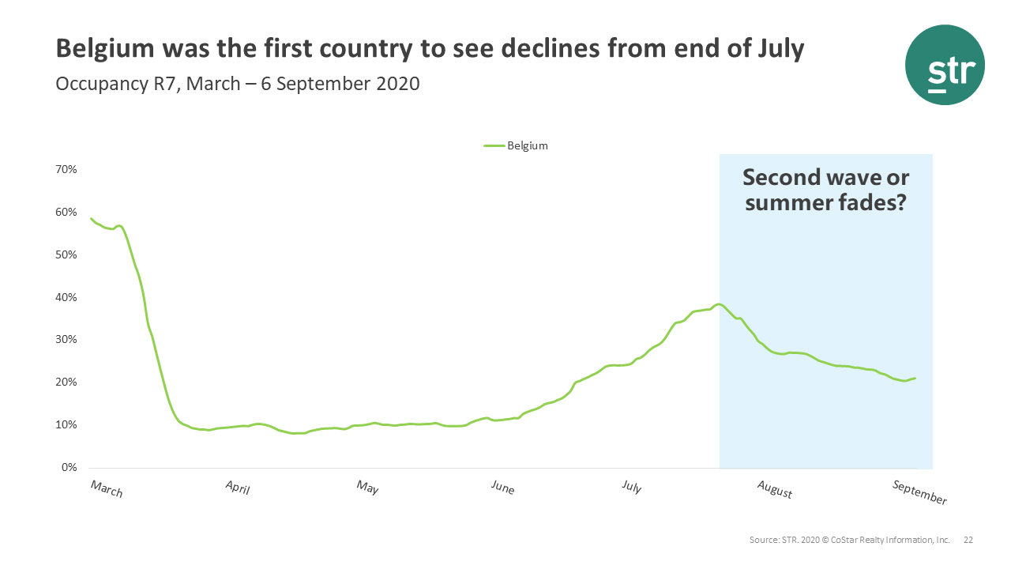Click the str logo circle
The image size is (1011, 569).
945,65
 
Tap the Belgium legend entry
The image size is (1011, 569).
517,145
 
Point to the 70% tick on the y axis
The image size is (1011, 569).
66,170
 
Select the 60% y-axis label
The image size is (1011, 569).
66,213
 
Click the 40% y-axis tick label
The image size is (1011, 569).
66,298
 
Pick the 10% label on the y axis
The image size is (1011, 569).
66,425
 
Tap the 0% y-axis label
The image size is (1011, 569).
69,468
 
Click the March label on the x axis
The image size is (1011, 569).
107,488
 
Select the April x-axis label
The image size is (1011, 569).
237,487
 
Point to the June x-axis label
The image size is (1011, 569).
502,487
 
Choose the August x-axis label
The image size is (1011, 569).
774,490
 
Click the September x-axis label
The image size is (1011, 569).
919,492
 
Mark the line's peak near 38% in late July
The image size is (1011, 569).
718,304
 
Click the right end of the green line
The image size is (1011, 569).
915,379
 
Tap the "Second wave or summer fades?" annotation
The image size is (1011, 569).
825,190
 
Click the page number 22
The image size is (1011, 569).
968,540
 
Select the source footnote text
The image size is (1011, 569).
849,540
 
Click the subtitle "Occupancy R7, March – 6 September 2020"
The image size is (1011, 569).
237,83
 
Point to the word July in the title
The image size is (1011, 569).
777,49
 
